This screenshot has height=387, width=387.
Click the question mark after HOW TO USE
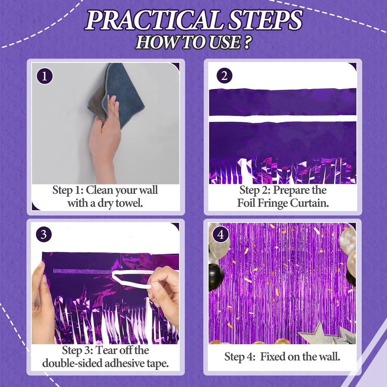coord(246,42)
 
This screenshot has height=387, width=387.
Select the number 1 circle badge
coord(45,77)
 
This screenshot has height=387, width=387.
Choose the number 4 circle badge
coord(221,235)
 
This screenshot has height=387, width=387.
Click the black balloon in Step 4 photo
coord(216,277)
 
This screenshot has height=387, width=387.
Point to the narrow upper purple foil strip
coord(282,102)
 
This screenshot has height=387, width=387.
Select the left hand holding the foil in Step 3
coord(42,299)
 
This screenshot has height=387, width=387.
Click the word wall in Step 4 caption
coord(329,356)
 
